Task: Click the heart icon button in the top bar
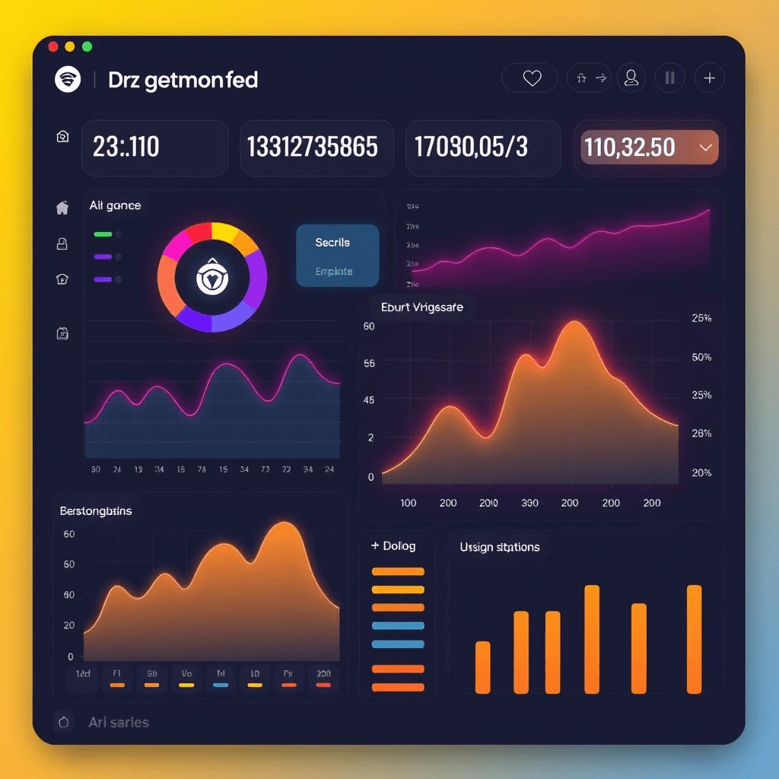pyautogui.click(x=532, y=78)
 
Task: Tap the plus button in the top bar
pyautogui.click(x=709, y=78)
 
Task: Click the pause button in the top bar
pyautogui.click(x=669, y=78)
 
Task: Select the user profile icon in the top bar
pyautogui.click(x=631, y=77)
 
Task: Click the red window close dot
pyautogui.click(x=53, y=46)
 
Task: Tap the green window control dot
pyautogui.click(x=87, y=46)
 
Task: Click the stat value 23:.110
pyautogui.click(x=126, y=147)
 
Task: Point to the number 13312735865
pyautogui.click(x=313, y=147)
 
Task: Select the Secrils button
pyautogui.click(x=333, y=243)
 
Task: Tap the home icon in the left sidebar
pyautogui.click(x=62, y=207)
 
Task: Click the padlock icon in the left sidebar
pyautogui.click(x=62, y=243)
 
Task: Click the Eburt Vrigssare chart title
pyautogui.click(x=421, y=307)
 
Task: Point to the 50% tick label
pyautogui.click(x=701, y=357)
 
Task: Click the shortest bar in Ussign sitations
pyautogui.click(x=482, y=667)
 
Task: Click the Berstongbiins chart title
pyautogui.click(x=96, y=511)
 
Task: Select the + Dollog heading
pyautogui.click(x=393, y=546)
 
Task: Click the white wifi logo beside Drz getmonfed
pyautogui.click(x=68, y=79)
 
